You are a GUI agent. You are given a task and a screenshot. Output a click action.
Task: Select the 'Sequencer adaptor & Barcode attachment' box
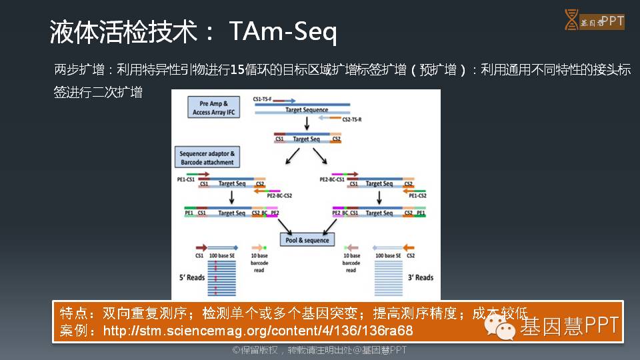(x=207, y=158)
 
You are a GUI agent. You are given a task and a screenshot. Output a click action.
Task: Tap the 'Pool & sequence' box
(x=307, y=240)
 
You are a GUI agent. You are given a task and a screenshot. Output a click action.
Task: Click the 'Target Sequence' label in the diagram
(x=307, y=110)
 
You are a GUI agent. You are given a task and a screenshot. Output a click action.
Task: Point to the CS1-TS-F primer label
(x=263, y=99)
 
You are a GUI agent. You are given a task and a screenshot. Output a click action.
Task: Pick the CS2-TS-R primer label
(x=351, y=119)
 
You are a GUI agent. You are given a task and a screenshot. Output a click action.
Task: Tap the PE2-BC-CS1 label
(x=331, y=179)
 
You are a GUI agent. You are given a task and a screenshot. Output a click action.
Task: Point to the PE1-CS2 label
(x=417, y=195)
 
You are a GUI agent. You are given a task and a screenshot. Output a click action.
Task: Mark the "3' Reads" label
(x=420, y=277)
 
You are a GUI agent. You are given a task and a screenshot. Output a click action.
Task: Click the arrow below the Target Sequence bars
(x=307, y=123)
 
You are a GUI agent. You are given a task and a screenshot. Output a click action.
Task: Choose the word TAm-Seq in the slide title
(x=283, y=31)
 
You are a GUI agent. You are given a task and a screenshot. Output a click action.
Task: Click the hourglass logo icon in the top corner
(x=571, y=20)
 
